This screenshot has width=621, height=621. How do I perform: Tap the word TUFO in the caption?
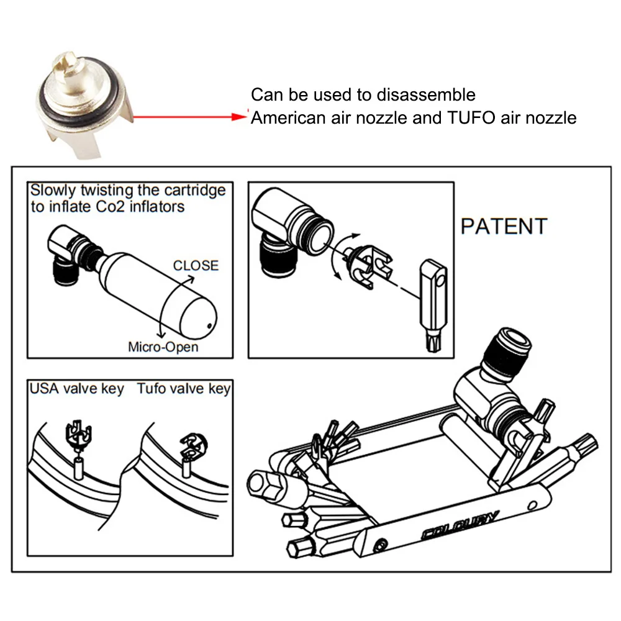[x=467, y=117]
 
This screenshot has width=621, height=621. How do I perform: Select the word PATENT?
[x=504, y=227]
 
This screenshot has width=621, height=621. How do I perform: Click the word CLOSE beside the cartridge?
[x=196, y=265]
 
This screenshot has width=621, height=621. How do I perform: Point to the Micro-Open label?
[x=163, y=347]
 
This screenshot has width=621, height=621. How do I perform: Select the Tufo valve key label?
[x=184, y=389]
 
